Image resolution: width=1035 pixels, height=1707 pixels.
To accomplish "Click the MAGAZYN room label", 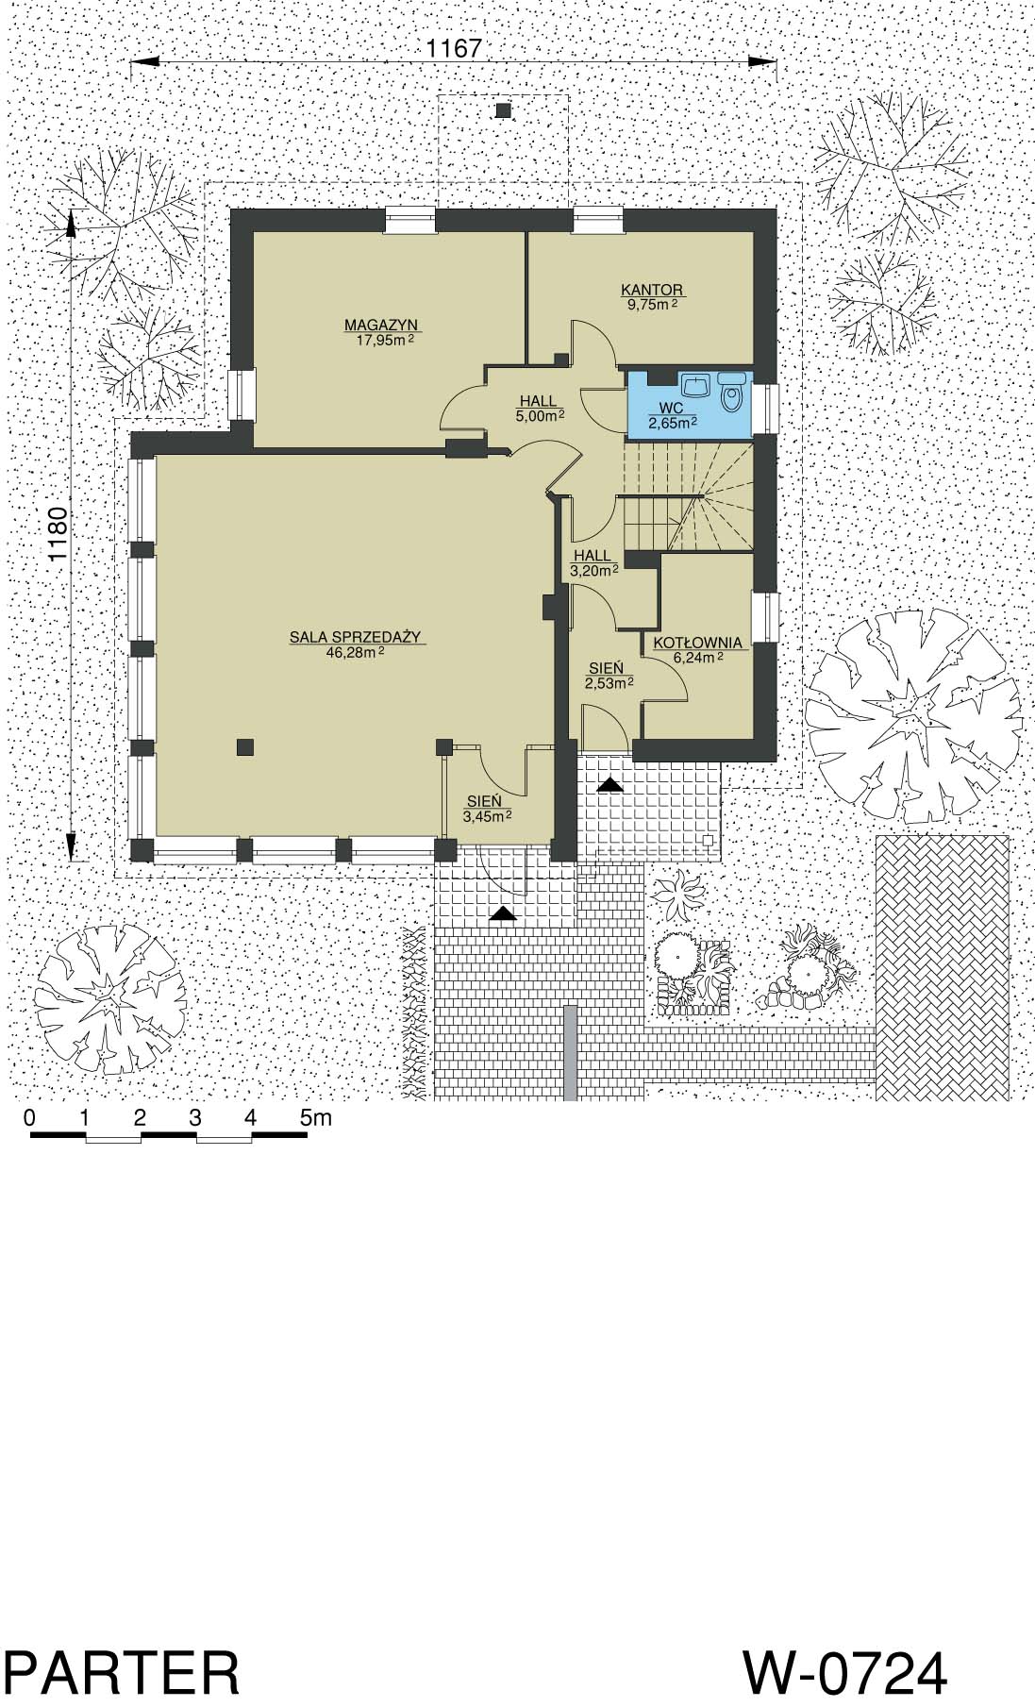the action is pos(380,326).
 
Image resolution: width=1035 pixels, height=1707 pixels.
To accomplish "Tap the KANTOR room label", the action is pos(651,290).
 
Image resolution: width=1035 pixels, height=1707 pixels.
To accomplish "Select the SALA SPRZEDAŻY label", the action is pos(355,637).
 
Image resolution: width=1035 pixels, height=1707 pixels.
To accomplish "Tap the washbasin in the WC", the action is pos(696,386).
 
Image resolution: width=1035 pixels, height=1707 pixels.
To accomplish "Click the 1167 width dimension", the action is pos(455,49).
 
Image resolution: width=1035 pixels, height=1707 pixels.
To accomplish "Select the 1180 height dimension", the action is pos(58,537).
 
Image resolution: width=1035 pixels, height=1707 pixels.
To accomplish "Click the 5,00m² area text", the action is pos(540,414).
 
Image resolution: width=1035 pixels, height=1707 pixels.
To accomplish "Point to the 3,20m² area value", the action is pos(593,570).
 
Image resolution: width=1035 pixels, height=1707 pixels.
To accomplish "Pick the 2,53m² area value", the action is pos(609,683).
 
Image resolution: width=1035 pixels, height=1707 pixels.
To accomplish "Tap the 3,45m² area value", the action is pos(488,816).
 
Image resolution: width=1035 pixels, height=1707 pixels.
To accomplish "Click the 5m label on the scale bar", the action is pos(316,1117).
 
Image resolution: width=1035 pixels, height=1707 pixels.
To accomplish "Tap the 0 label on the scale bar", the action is pos(30,1117).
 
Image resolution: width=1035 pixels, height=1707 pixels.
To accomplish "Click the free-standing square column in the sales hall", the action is pos(244,746).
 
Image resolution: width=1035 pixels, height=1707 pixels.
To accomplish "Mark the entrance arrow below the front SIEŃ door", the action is pos(504,912).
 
